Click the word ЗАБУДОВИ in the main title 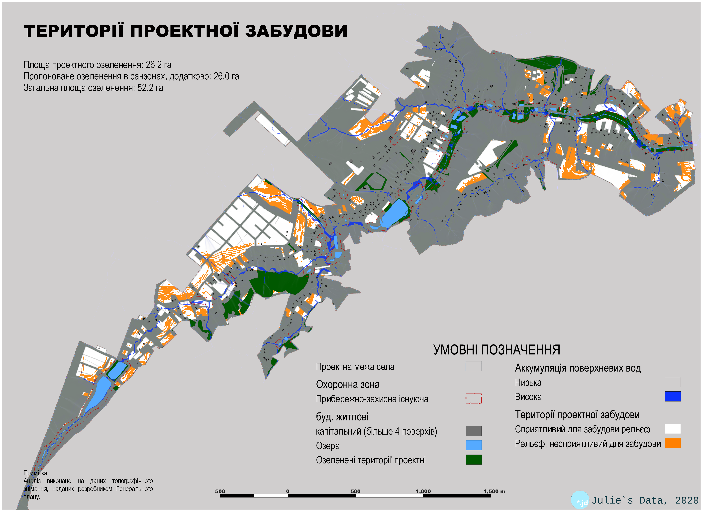pos(296,31)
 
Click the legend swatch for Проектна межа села pos(473,366)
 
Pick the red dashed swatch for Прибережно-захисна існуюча pos(473,398)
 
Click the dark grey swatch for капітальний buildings pos(473,431)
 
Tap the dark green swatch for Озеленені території pos(473,460)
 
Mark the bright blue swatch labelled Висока pos(673,396)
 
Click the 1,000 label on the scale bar pos(423,491)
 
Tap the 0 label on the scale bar pos(288,491)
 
